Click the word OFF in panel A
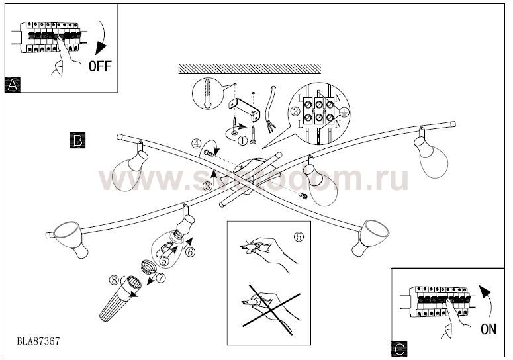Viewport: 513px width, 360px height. [x=99, y=66]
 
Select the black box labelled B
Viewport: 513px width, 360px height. [x=77, y=140]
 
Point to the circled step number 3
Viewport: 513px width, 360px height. [x=208, y=187]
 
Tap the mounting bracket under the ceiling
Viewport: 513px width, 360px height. [x=244, y=106]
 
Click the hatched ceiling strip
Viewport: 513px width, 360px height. [x=250, y=69]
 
